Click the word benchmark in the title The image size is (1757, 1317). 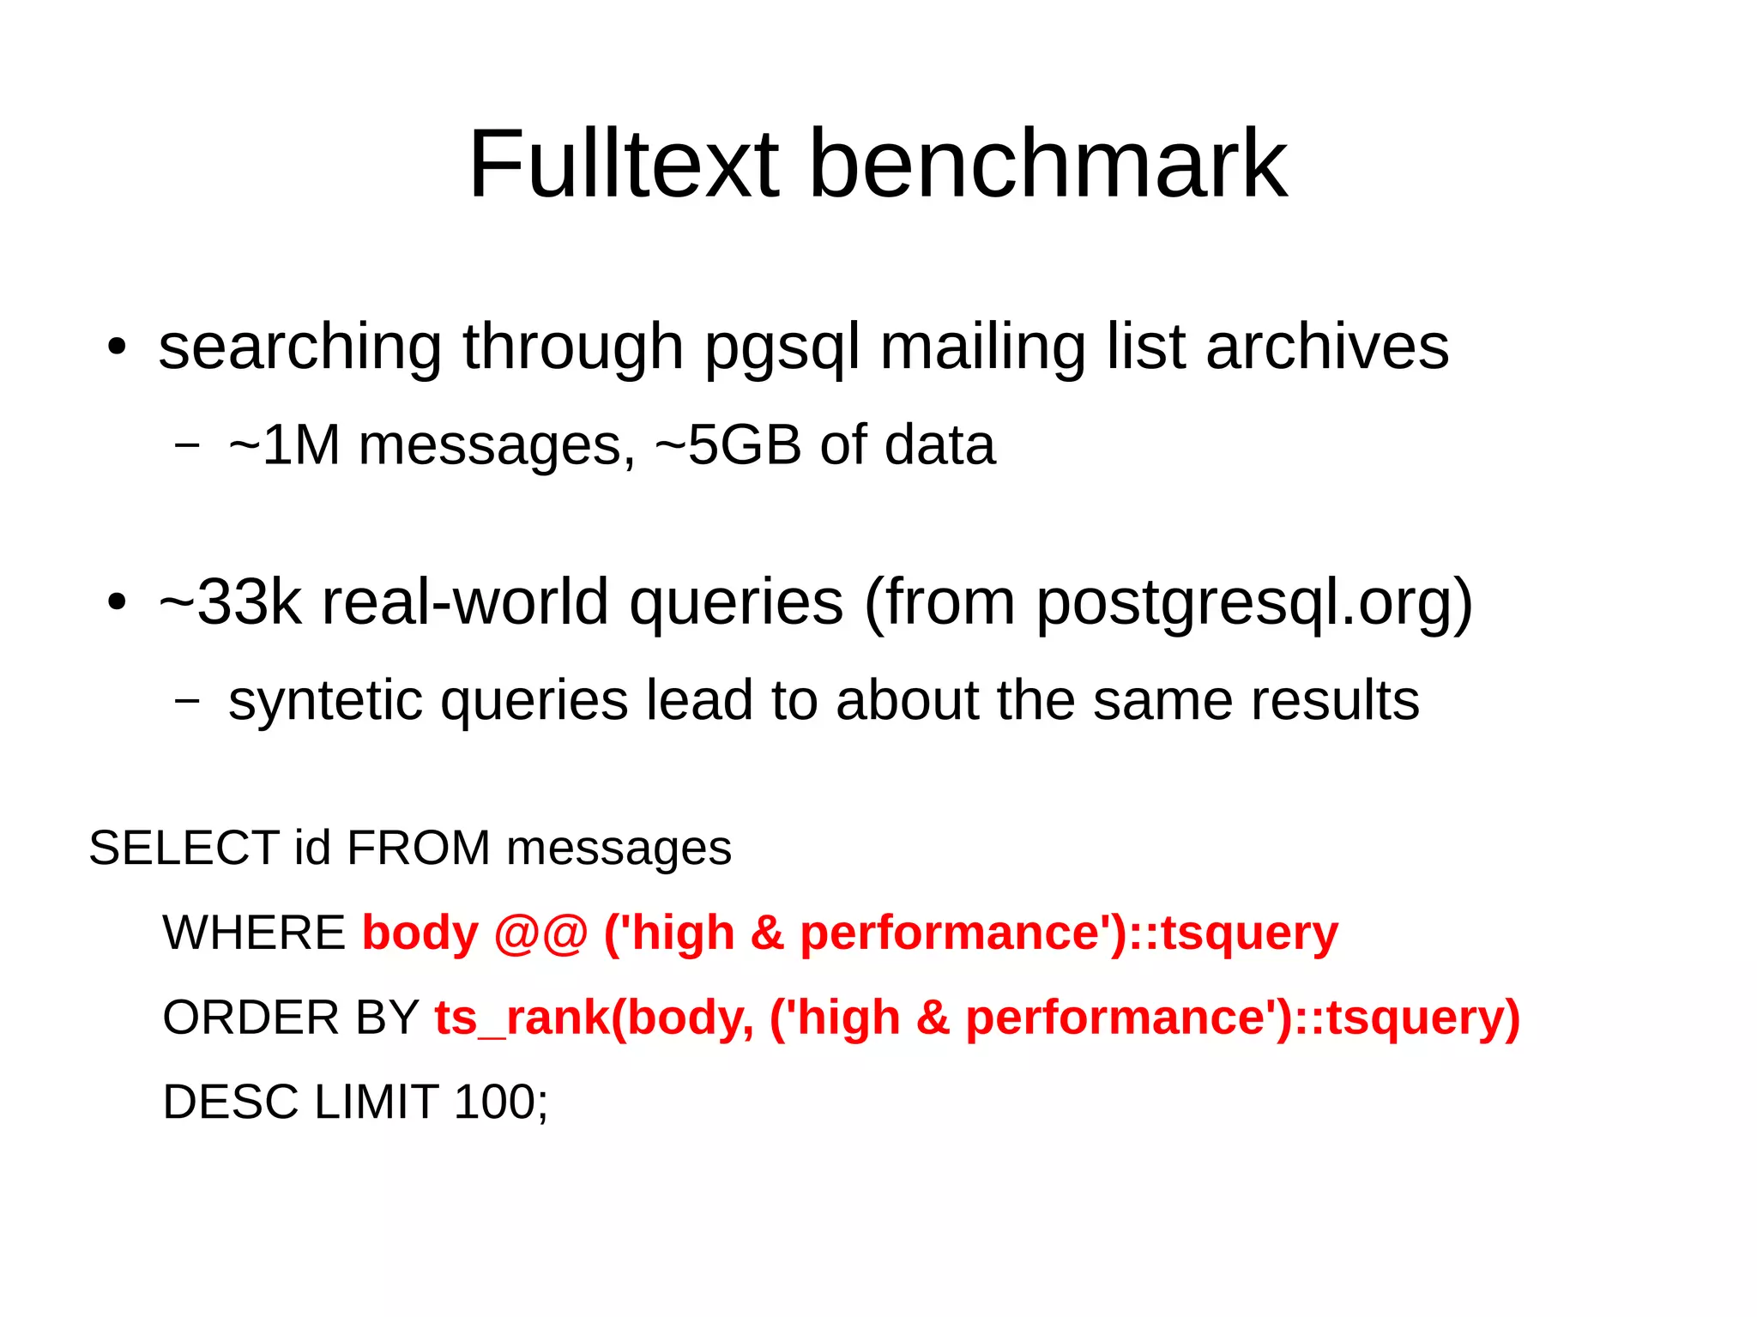(x=1048, y=164)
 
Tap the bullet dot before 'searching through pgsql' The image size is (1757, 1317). (x=117, y=347)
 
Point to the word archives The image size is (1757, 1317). (x=1327, y=347)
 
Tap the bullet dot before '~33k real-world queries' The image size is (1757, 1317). (x=117, y=602)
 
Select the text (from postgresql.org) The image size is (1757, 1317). (x=1168, y=602)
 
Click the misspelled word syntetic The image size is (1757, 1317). (x=325, y=700)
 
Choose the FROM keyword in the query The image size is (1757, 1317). (x=418, y=849)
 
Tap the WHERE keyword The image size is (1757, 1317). (x=253, y=933)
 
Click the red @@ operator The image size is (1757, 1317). (x=540, y=933)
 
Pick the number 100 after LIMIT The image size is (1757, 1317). (x=494, y=1103)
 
